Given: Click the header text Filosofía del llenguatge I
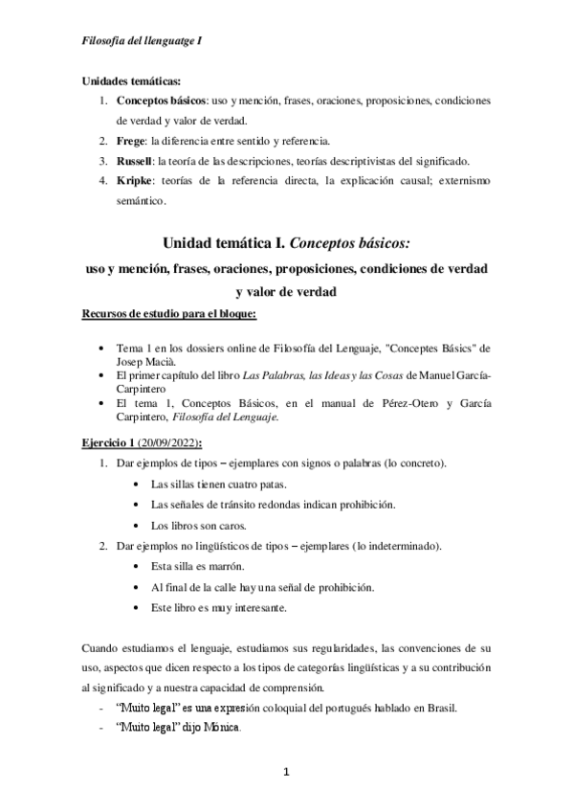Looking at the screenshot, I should [142, 41].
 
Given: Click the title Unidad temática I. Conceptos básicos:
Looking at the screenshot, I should [286, 244].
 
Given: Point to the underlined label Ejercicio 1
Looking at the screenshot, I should [114, 443].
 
